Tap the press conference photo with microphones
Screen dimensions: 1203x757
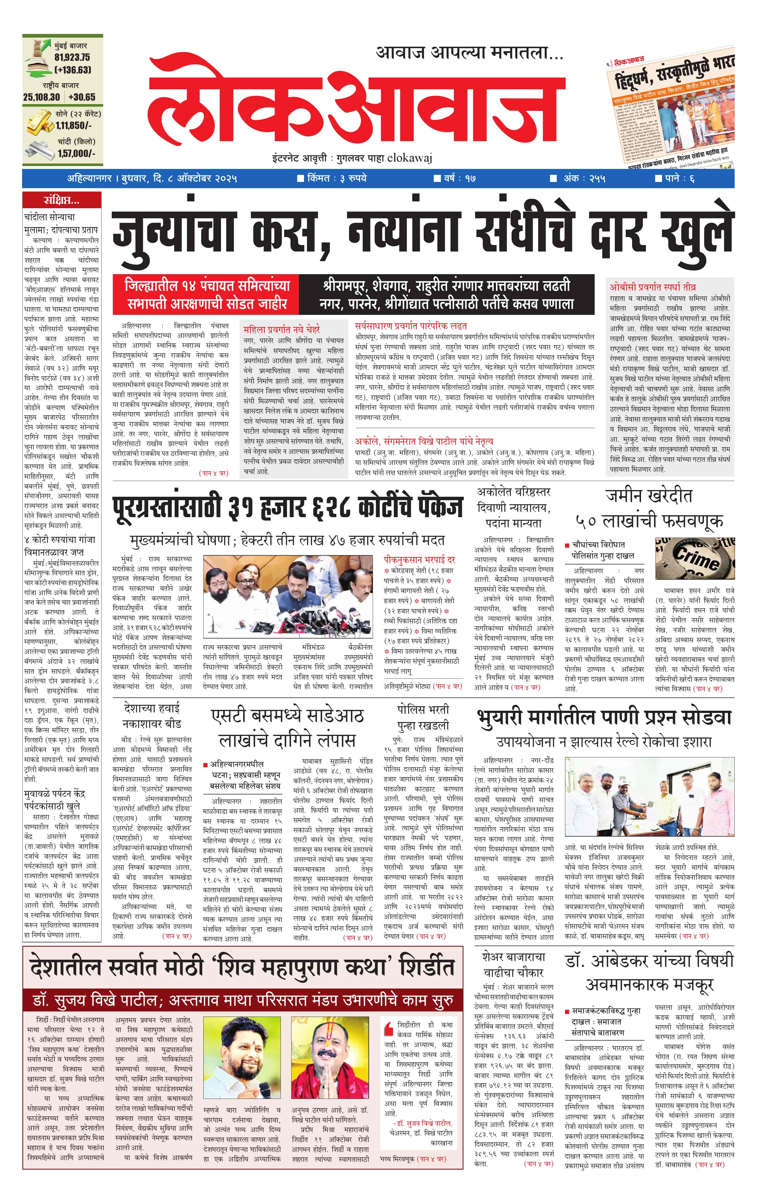click(x=288, y=596)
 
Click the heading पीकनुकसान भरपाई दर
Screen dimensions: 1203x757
click(x=419, y=560)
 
